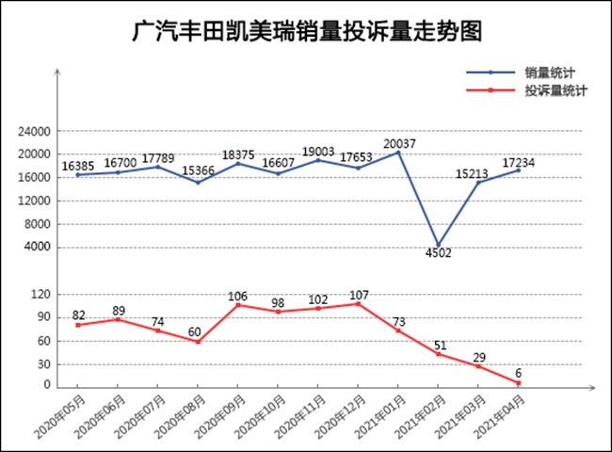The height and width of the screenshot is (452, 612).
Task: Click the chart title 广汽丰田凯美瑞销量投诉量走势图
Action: point(307,33)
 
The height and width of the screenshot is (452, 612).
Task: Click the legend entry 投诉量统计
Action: point(556,90)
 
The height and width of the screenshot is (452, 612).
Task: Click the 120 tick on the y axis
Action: point(40,295)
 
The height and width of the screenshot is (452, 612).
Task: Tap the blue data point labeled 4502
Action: point(438,246)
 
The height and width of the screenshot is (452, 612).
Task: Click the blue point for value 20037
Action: point(398,153)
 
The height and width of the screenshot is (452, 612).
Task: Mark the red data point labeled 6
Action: point(519,382)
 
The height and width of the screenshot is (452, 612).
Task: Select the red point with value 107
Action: point(359,303)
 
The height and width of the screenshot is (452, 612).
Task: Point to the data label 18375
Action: point(238,153)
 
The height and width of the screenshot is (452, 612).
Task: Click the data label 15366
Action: point(198,171)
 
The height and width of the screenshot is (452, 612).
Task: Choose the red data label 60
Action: point(194,332)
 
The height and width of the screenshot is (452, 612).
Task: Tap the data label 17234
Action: point(519,162)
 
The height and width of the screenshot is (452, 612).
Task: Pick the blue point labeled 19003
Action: point(318,160)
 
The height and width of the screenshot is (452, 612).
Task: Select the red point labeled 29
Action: point(478,366)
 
